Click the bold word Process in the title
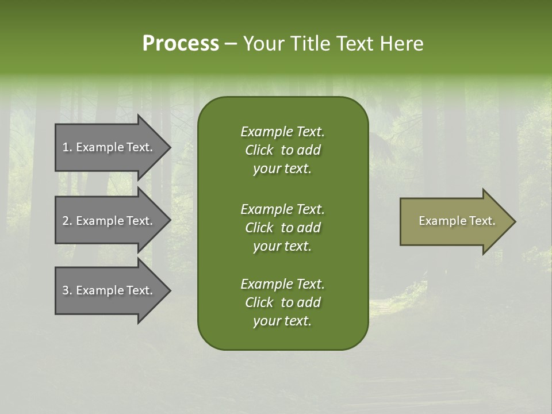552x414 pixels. [x=181, y=44]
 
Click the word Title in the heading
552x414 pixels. [x=310, y=44]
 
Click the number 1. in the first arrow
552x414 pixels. [x=67, y=147]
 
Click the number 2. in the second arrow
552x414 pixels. [x=67, y=221]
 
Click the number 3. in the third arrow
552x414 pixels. [x=67, y=290]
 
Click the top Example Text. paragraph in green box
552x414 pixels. [x=282, y=150]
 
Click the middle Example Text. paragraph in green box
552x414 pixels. [x=282, y=227]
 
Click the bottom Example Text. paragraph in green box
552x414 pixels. [x=282, y=302]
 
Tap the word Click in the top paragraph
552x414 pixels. [x=259, y=150]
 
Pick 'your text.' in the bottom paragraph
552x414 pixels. [x=282, y=321]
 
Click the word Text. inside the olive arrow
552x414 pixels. [x=482, y=221]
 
